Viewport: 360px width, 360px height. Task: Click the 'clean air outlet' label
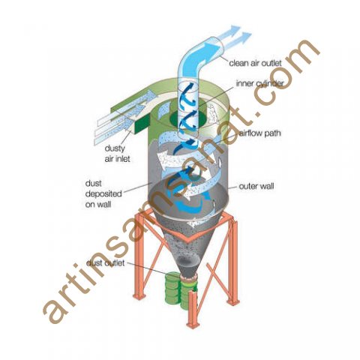coord(255,63)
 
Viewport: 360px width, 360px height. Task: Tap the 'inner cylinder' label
coord(259,83)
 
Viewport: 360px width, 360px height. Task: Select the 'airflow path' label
coord(260,133)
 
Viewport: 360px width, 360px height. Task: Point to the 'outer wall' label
coord(256,186)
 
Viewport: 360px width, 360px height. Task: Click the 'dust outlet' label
coord(105,263)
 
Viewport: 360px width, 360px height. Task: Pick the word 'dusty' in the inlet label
coord(115,148)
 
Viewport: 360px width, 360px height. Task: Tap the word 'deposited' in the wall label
coord(103,194)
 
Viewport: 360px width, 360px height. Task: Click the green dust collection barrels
coord(181,290)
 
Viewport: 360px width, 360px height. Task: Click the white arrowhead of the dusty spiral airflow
coord(162,159)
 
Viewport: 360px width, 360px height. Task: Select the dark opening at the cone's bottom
coord(187,262)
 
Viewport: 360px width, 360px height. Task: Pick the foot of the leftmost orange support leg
coord(139,295)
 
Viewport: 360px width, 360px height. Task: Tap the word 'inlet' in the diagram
coord(123,159)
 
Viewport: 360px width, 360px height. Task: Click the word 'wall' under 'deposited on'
coord(104,205)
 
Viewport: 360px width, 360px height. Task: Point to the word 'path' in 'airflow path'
coord(271,133)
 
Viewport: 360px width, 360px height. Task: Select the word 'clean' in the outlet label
coord(238,63)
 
